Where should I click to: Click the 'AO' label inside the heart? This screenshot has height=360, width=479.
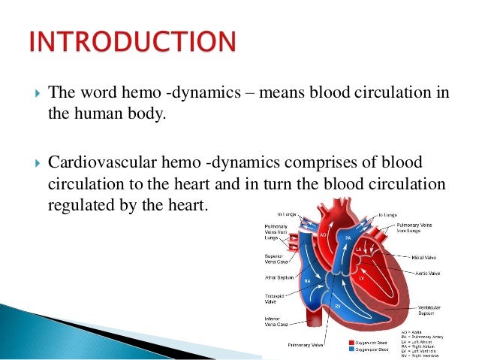pyautogui.click(x=323, y=234)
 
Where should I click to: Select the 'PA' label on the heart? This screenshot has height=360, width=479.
pyautogui.click(x=347, y=237)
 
